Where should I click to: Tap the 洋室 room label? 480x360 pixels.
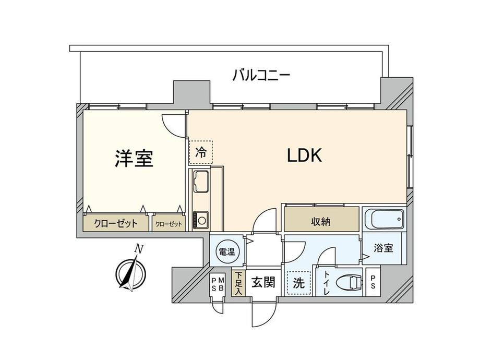134,159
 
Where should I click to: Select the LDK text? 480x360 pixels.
304,155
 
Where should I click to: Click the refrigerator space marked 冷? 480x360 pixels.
201,152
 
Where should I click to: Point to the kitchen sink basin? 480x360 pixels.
201,182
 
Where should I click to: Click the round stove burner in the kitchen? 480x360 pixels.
201,220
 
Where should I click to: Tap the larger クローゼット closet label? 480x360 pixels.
116,224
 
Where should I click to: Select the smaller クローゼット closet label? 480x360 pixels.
169,224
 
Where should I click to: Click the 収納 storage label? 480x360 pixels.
321,221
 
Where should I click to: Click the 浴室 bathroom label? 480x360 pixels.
383,248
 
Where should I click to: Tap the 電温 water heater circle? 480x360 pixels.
227,251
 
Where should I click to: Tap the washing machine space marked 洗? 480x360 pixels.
299,283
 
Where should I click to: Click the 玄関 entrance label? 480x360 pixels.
263,282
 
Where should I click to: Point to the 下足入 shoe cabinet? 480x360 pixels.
238,283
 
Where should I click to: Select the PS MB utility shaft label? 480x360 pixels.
218,283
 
